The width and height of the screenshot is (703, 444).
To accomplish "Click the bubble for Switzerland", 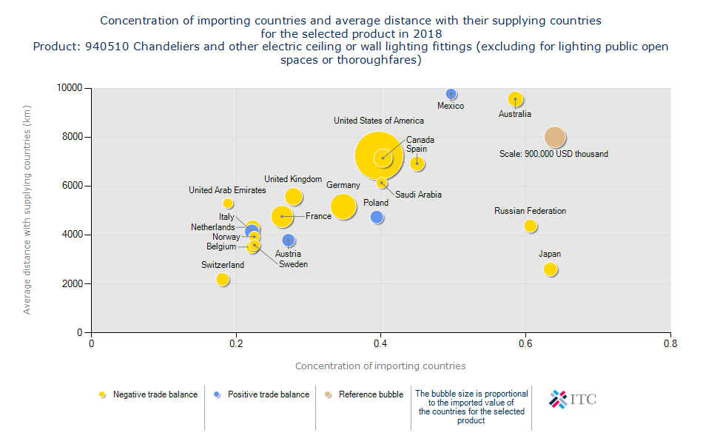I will (x=223, y=279).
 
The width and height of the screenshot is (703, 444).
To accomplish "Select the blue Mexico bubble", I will (x=451, y=94).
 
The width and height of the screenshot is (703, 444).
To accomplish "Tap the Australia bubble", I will (x=516, y=99).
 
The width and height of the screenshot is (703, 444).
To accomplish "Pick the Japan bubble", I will (x=550, y=269).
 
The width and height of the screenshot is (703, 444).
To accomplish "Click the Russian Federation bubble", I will (x=531, y=226).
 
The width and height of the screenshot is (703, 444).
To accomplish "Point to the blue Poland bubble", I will (x=377, y=217).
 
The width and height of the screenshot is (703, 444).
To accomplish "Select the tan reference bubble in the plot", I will (x=555, y=137).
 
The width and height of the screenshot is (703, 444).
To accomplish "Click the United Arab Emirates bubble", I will (x=228, y=203).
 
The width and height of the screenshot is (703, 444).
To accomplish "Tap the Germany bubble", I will (x=343, y=206).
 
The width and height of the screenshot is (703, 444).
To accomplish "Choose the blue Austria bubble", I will (x=289, y=240).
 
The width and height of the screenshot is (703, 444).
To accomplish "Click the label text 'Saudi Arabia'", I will (x=418, y=195).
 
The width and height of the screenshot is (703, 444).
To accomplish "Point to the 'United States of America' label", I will (x=379, y=121).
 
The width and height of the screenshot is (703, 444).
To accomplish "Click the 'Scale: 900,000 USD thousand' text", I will (x=554, y=154).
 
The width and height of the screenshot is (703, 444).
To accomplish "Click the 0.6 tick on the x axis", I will (x=525, y=344).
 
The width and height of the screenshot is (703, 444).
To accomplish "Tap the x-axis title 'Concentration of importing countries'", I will (x=380, y=366).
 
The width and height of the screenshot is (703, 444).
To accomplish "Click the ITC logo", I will (x=572, y=400).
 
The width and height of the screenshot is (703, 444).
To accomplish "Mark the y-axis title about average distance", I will (x=27, y=210).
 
